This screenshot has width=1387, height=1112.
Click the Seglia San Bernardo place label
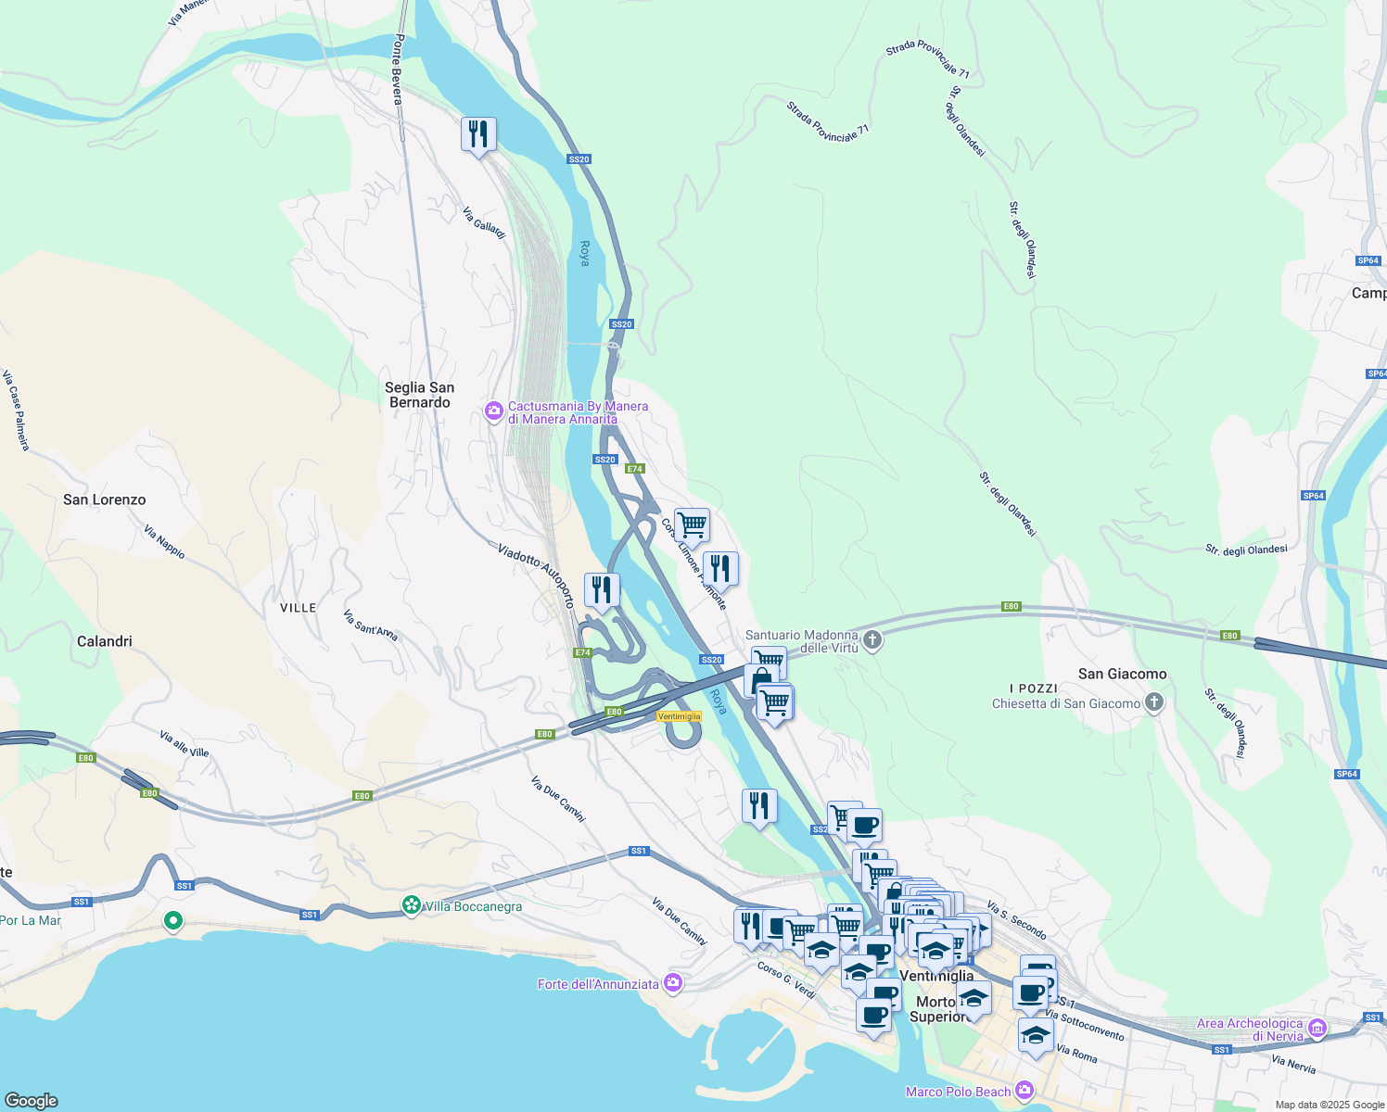point(420,395)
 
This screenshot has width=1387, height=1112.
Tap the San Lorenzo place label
point(105,499)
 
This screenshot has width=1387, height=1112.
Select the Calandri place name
point(105,641)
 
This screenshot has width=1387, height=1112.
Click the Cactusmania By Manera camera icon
point(494,411)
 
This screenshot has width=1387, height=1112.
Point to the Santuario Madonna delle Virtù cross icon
point(872,639)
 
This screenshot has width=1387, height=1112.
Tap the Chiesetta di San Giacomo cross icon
point(1153,702)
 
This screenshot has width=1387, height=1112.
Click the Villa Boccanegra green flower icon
point(412,905)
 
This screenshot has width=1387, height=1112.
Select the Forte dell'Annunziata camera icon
point(673,983)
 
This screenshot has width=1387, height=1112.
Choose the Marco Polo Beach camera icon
point(1024,1091)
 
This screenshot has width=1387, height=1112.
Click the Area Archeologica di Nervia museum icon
point(1317,1029)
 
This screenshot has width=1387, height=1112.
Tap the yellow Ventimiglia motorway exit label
point(679,716)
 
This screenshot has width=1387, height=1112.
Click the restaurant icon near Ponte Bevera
point(478,135)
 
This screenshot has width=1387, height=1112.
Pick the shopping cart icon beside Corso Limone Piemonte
point(692,525)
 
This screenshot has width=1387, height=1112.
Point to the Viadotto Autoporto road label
point(537,575)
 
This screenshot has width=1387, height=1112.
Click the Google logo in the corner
point(32,1100)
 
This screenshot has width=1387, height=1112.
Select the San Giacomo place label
point(1122,674)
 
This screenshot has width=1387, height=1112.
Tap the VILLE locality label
point(299,608)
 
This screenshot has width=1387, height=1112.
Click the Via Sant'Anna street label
point(370,625)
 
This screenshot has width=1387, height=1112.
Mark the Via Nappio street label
point(164,542)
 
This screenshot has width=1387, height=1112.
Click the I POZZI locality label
point(1033,688)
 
